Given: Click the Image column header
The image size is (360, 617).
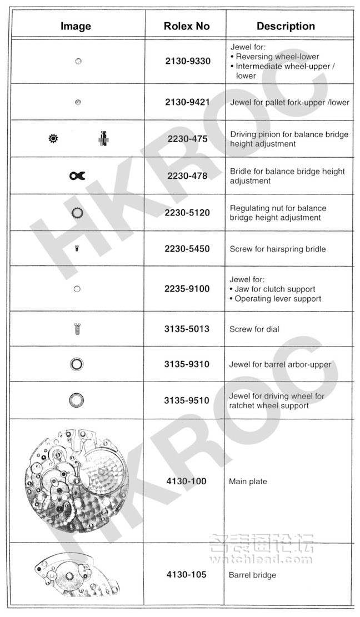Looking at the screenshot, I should [76, 26].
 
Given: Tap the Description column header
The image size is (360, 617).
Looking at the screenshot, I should [286, 26].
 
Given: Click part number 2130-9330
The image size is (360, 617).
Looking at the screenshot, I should [188, 61].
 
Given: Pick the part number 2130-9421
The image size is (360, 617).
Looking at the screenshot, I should [188, 102].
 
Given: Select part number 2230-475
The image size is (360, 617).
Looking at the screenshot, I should [186, 138].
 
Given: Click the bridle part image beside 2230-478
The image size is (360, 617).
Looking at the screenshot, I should [77, 176].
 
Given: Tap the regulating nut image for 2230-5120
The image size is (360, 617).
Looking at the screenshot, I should [78, 212].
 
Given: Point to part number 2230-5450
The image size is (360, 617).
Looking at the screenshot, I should [187, 248].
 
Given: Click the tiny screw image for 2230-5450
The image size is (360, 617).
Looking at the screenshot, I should [77, 249].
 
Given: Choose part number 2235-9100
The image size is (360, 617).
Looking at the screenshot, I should [187, 289].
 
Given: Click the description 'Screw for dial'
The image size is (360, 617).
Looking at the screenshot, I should [254, 329].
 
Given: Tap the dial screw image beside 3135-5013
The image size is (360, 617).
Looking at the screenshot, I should [77, 329].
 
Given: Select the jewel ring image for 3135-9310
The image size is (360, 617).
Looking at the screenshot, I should [77, 364].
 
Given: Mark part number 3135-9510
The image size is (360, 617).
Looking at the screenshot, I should [187, 400].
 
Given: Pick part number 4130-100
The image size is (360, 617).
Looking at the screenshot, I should [186, 481].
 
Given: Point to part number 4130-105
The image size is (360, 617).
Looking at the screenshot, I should [186, 574].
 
